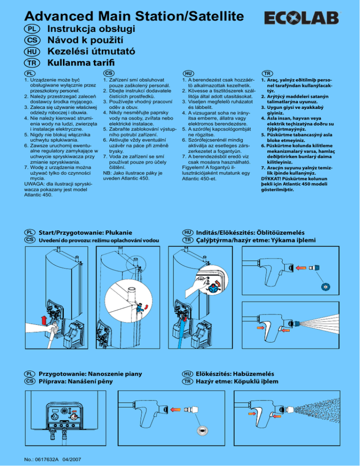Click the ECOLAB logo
click(x=301, y=18)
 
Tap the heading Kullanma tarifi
click(x=81, y=63)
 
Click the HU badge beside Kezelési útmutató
click(x=32, y=52)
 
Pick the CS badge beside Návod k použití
click(x=32, y=40)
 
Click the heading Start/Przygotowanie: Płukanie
click(x=86, y=233)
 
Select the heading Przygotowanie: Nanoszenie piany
click(x=90, y=374)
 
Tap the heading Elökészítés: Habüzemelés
click(x=235, y=374)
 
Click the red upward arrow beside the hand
click(x=44, y=320)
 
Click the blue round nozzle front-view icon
click(x=325, y=287)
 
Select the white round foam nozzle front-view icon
click(x=203, y=431)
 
